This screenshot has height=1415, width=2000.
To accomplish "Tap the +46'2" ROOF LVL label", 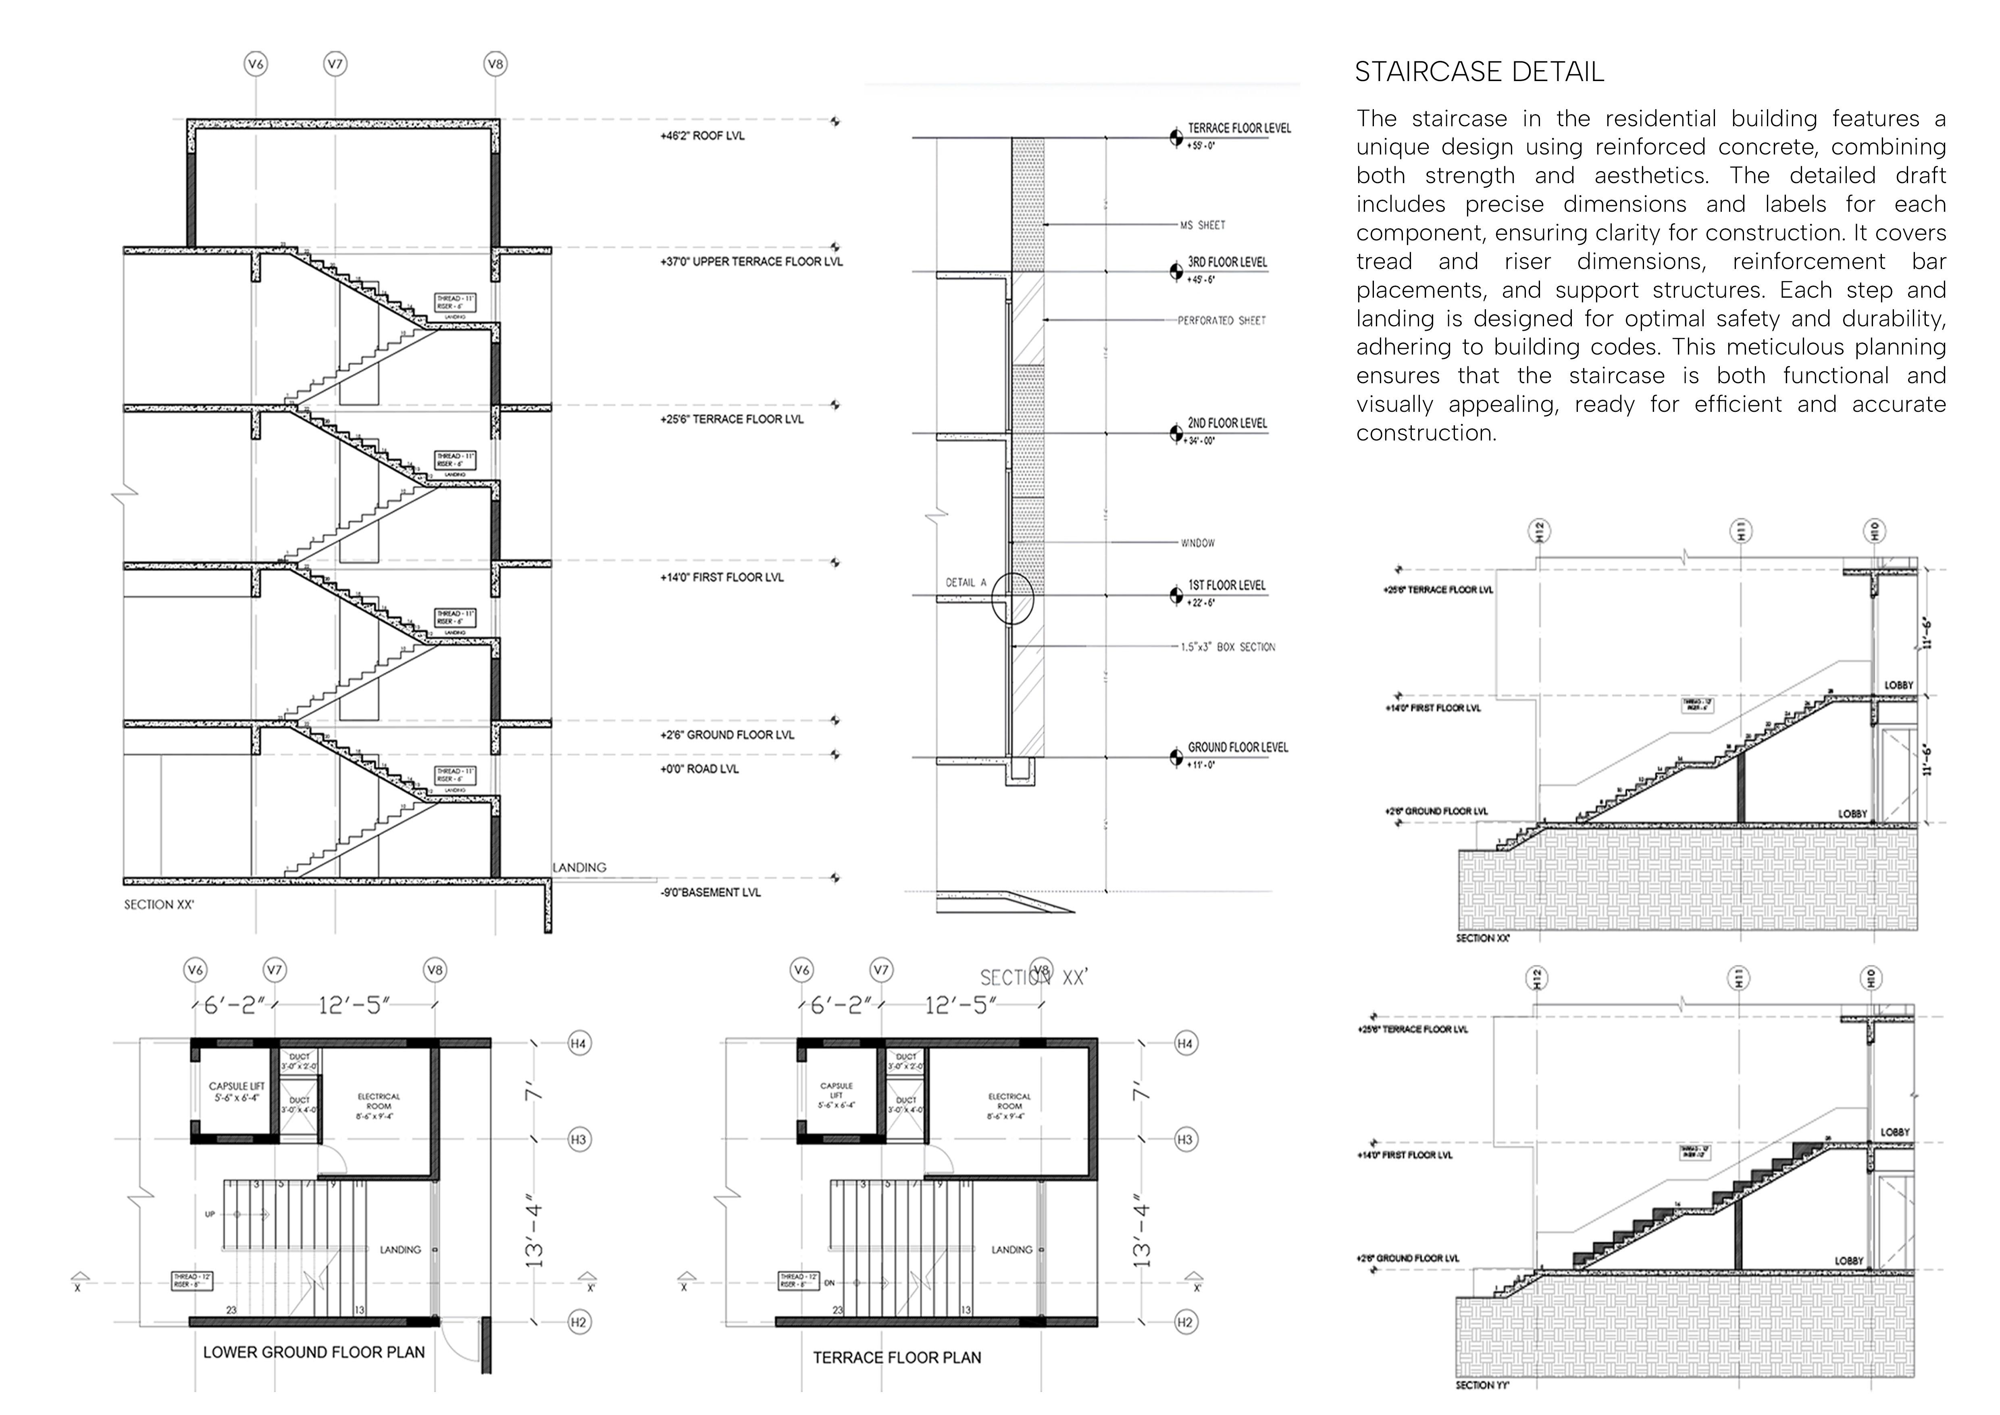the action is click(x=702, y=136).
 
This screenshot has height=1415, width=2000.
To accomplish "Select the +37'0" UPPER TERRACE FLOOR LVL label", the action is click(x=751, y=261).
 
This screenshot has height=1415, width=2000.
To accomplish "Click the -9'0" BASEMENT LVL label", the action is click(x=710, y=892).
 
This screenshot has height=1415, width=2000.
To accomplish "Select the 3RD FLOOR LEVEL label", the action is click(x=1227, y=262).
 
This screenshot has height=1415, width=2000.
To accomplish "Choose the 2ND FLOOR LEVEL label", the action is click(x=1227, y=424).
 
